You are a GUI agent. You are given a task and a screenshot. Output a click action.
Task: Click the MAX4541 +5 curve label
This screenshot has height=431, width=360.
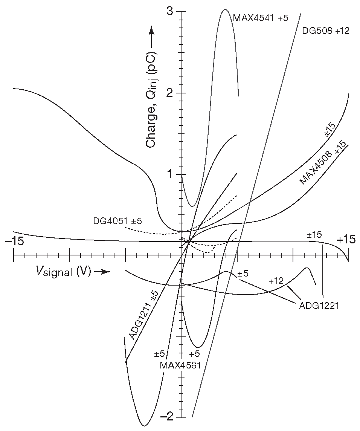260,18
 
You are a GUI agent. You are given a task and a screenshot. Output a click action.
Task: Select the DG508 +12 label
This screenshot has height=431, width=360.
326,31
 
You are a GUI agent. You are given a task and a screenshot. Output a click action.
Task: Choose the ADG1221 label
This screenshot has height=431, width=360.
319,305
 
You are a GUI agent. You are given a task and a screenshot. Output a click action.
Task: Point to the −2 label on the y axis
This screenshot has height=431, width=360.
167,416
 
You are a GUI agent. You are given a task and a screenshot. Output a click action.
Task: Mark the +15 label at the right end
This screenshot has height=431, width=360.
345,240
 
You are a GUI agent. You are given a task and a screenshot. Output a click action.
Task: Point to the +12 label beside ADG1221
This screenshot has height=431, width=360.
276,281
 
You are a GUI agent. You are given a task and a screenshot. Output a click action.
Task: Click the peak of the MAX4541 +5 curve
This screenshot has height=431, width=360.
225,9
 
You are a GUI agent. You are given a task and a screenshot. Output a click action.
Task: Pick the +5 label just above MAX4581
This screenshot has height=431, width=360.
194,354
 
